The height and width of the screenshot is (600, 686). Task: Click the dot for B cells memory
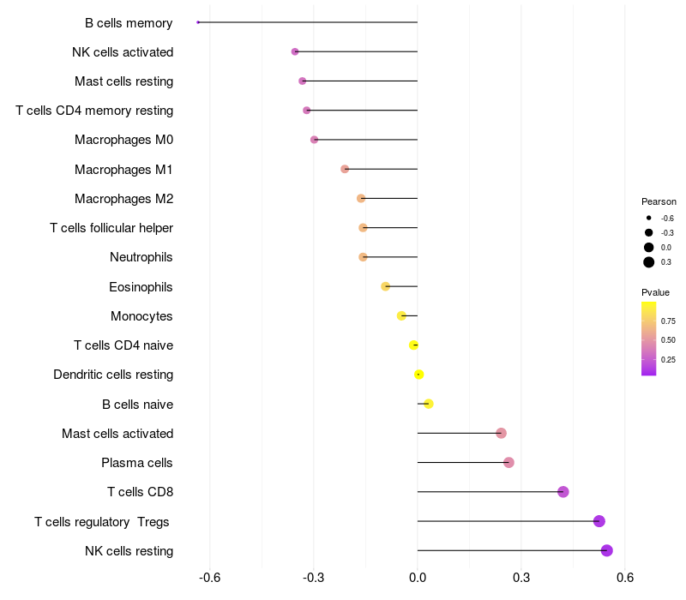coord(198,22)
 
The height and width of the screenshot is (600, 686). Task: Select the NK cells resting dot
coord(607,550)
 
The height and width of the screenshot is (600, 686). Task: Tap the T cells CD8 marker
coord(563,492)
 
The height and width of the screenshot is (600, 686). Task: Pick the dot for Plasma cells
coord(508,462)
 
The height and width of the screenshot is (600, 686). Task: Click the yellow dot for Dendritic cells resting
coord(418,375)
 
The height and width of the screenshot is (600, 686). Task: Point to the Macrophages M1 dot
coord(345,169)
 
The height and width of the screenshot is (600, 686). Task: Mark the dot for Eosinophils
coord(385,286)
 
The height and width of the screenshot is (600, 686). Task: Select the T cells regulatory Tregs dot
coord(599,521)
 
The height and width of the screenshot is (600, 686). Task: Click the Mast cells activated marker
coord(502,433)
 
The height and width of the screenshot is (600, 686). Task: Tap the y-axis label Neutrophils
coord(141,257)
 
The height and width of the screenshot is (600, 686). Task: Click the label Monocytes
coord(141,316)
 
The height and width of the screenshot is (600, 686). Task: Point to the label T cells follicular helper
coord(111,228)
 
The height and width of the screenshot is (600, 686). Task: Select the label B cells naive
coord(137,405)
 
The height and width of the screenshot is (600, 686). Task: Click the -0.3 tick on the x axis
coord(313,578)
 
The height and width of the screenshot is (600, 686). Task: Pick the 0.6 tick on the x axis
coord(625,578)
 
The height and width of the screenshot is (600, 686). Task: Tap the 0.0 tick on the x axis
coord(418,578)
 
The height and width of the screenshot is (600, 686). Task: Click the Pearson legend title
coord(659,201)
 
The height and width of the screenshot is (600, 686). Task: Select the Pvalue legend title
coord(655,292)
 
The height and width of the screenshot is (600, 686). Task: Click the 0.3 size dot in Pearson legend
coord(649,262)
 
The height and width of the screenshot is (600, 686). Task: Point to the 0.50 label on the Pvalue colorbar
coord(668,340)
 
